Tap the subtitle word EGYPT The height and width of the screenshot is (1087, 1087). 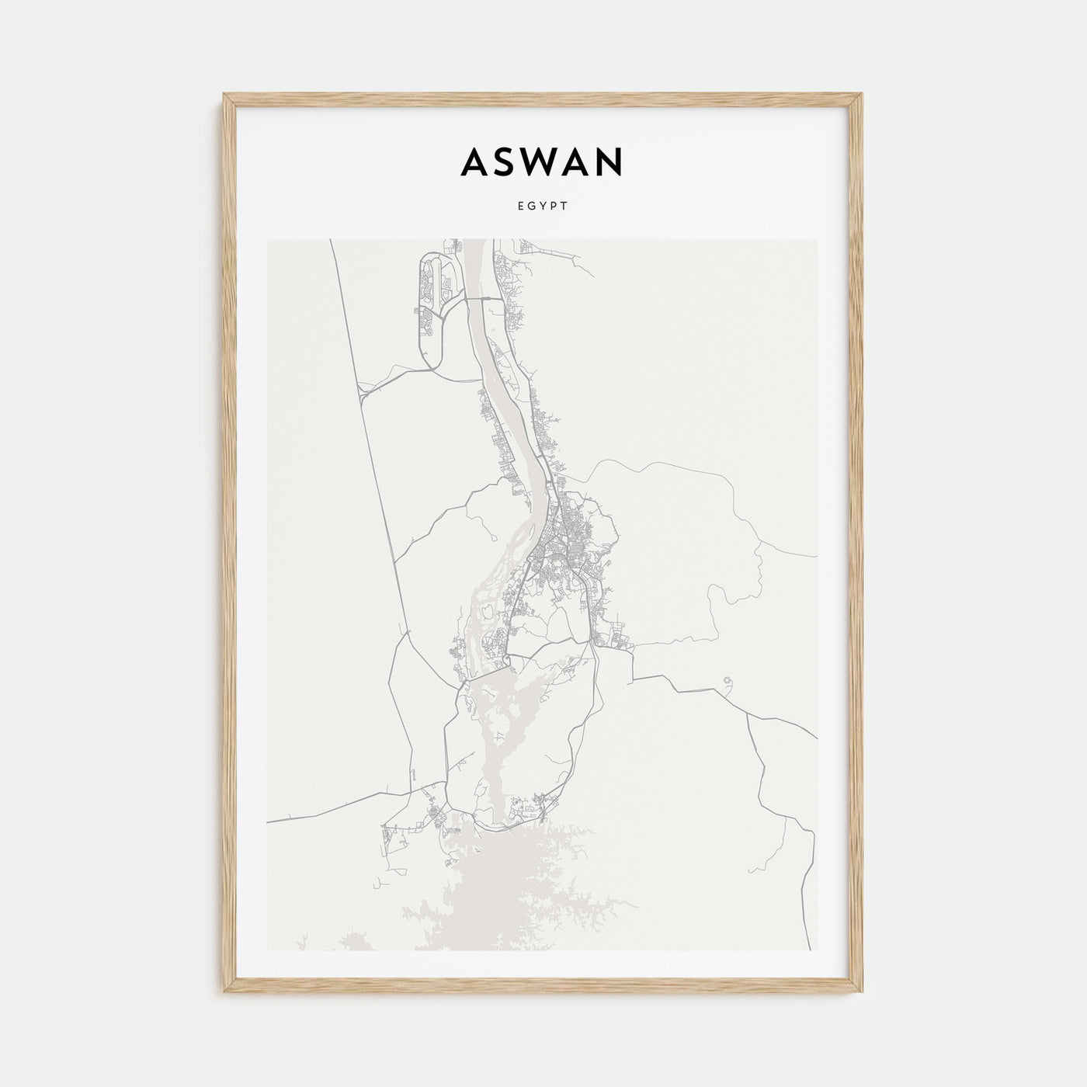[x=542, y=207]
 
